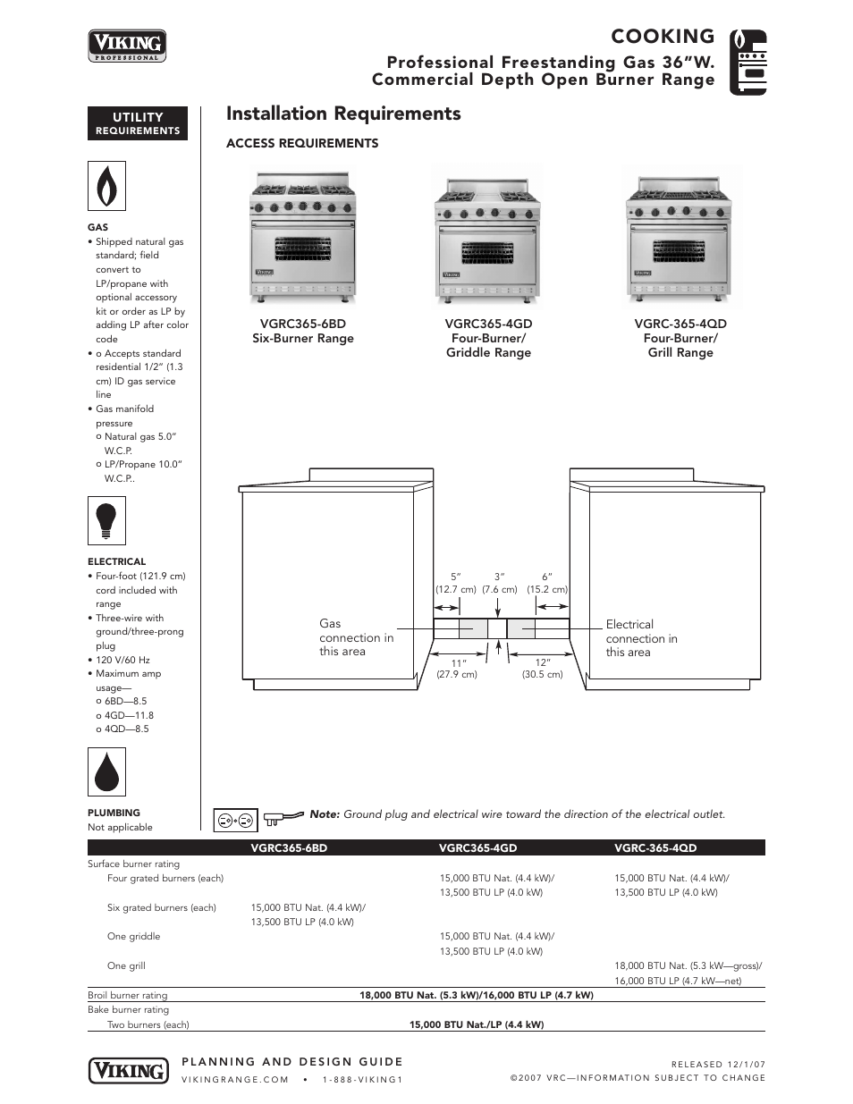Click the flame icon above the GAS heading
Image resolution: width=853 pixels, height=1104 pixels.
106,186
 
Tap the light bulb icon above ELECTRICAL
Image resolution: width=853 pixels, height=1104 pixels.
106,520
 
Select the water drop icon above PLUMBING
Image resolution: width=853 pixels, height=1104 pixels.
106,771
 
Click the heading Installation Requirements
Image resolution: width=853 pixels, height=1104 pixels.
343,114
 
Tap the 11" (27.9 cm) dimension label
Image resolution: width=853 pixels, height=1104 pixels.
457,668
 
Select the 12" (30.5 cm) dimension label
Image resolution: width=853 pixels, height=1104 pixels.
542,668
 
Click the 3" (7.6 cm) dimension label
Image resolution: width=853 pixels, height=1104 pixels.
500,583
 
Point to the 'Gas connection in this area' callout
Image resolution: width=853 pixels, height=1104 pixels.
356,637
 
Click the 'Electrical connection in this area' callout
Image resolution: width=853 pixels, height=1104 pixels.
641,638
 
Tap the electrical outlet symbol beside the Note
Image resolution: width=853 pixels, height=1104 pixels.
235,819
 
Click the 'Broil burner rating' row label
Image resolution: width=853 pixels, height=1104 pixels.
127,995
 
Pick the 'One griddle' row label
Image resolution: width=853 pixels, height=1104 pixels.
133,936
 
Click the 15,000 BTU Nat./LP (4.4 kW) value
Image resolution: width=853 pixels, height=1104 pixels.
477,1024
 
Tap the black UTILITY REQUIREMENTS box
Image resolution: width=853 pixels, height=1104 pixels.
138,123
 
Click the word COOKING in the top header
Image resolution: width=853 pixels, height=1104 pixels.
663,36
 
